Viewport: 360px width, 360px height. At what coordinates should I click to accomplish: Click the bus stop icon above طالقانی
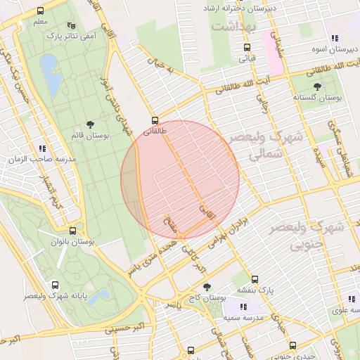[155, 120]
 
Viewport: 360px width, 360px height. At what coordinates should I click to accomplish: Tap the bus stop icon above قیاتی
[246, 48]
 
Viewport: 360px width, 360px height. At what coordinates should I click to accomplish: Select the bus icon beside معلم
[40, 11]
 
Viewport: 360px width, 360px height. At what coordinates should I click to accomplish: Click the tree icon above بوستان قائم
[91, 124]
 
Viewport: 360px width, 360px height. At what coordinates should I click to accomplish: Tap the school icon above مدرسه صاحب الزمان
[42, 148]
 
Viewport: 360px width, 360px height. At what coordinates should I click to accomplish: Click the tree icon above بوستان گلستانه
[319, 86]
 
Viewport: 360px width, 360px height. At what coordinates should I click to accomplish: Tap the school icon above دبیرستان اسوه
[334, 39]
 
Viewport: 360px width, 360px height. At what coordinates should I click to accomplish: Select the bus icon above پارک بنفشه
[255, 278]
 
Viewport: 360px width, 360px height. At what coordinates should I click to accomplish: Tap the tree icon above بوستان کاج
[207, 287]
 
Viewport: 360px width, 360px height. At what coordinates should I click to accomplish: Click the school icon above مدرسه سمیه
[243, 307]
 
